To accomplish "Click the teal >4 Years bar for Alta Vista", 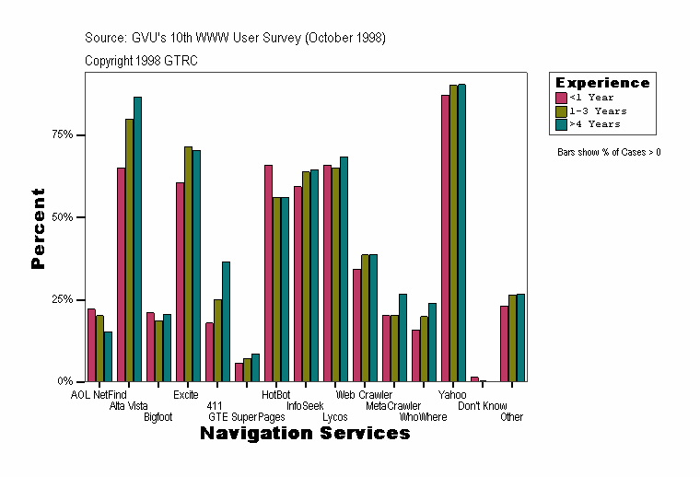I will click(137, 239).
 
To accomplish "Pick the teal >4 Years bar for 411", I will click(226, 321).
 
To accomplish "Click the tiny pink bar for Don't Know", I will click(474, 378).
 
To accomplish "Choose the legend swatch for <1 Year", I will click(561, 98).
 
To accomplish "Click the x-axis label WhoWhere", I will click(423, 417).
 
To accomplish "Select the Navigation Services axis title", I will click(305, 434).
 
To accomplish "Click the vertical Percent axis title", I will click(38, 228).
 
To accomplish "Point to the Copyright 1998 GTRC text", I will click(141, 61).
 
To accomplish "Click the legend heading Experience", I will click(602, 83).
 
